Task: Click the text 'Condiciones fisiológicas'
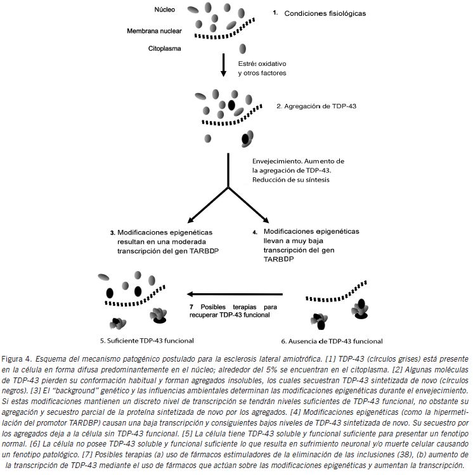(325, 13)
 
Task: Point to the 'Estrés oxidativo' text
(262, 64)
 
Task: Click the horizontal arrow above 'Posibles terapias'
(242, 294)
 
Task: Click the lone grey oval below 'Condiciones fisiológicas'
(243, 49)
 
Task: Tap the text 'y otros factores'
(262, 73)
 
